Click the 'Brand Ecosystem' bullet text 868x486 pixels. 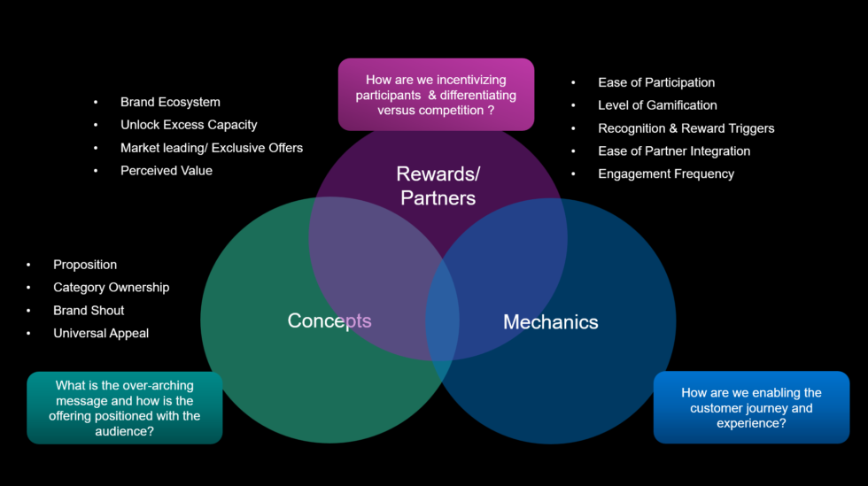(x=170, y=102)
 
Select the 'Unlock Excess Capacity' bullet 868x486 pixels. (x=189, y=125)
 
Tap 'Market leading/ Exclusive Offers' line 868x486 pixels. (x=212, y=148)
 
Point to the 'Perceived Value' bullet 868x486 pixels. (x=167, y=171)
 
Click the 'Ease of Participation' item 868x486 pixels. (x=656, y=82)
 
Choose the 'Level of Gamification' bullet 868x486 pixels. (x=657, y=105)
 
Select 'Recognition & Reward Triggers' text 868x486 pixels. (x=686, y=128)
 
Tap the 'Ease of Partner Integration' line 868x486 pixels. (x=674, y=151)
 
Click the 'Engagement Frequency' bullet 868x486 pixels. (x=666, y=174)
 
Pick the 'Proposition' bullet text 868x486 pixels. (x=85, y=265)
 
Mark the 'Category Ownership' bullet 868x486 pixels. (x=111, y=288)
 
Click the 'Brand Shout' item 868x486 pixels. (x=89, y=311)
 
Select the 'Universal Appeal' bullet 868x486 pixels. (x=101, y=334)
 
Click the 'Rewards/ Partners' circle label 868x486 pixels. (x=438, y=186)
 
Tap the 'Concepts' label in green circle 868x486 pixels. (x=329, y=320)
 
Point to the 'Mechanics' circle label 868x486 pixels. (x=550, y=322)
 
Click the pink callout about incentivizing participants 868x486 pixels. (x=436, y=95)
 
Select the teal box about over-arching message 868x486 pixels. (x=124, y=408)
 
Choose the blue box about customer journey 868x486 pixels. (x=751, y=407)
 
